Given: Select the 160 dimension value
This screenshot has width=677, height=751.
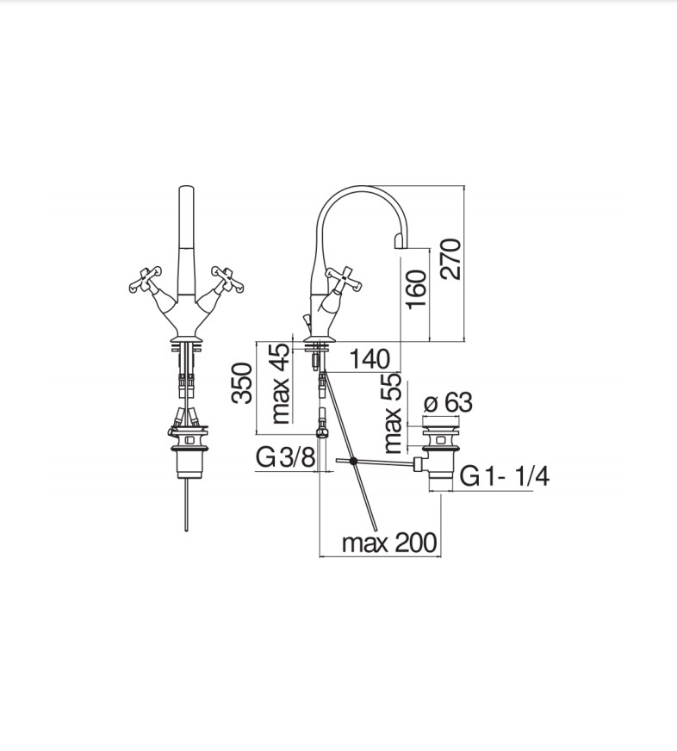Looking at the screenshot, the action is (x=416, y=289).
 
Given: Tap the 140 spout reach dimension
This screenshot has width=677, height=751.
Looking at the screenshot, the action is (x=370, y=359).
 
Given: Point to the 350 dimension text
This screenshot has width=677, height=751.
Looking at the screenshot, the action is (x=241, y=383).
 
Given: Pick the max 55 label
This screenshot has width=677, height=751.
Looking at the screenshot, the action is (x=393, y=413).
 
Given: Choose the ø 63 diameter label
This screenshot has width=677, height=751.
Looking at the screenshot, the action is (x=448, y=402).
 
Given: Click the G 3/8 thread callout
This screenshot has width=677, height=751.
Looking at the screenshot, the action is (x=286, y=457).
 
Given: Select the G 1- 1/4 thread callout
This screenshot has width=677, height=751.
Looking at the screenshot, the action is (x=505, y=476).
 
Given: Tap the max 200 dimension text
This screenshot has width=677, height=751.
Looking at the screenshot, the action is (x=389, y=543).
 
